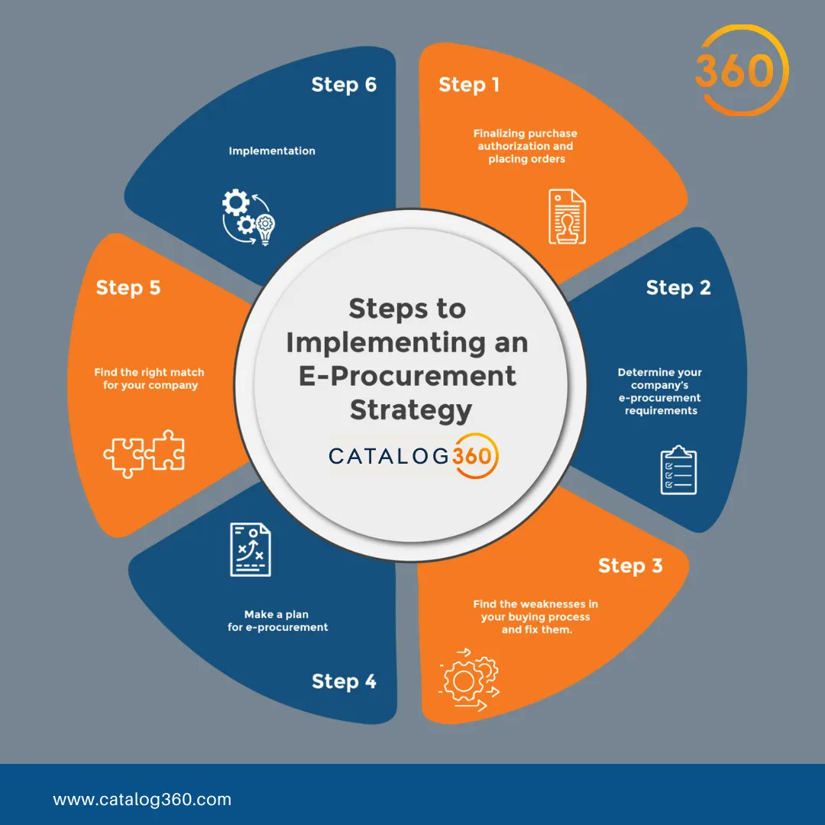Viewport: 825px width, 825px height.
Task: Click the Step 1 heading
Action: click(469, 85)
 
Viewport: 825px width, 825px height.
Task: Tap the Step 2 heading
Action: click(678, 288)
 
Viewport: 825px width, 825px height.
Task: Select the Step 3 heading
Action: click(630, 565)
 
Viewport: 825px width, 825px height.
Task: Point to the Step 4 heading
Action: click(344, 681)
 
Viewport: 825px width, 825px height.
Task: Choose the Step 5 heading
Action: click(128, 288)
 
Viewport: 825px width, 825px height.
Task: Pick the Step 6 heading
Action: click(344, 85)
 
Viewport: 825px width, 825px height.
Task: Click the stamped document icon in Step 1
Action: click(567, 216)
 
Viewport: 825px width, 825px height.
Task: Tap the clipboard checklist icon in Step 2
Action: click(679, 470)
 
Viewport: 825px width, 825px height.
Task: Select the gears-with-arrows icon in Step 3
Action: click(468, 680)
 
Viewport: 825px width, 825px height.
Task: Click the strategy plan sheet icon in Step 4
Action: click(251, 549)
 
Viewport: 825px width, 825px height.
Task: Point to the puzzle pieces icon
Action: click(144, 454)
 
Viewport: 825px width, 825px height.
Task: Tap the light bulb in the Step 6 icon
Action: click(265, 230)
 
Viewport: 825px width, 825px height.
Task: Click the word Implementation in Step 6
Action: click(272, 151)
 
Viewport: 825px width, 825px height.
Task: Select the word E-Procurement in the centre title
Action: click(407, 376)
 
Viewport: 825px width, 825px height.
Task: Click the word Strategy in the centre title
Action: click(411, 410)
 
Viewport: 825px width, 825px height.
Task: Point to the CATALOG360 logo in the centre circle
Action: click(413, 455)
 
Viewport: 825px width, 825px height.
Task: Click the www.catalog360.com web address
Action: click(142, 800)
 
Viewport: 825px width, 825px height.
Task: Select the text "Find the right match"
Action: click(149, 373)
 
